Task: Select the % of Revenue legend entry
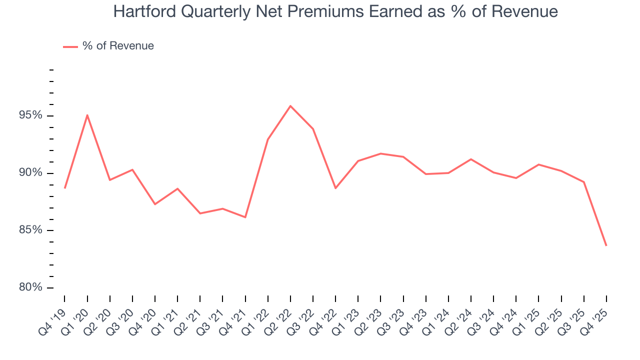click(108, 46)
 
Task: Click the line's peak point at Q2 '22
click(290, 106)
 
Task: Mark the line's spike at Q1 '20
click(87, 115)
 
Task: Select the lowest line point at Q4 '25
click(606, 245)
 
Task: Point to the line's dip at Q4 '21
click(245, 217)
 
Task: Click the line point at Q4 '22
click(335, 188)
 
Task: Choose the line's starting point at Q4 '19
click(65, 188)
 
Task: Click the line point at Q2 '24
click(471, 159)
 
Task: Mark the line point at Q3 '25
click(584, 182)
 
